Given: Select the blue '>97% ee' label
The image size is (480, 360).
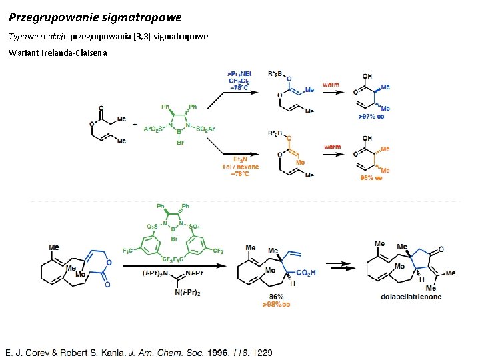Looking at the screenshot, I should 371,116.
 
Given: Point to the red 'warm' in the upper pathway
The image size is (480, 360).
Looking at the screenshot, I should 331,85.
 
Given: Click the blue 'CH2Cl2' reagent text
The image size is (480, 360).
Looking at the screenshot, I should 240,81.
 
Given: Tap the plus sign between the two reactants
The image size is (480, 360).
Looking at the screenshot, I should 135,125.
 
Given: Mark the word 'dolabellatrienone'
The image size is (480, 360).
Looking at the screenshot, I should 411,297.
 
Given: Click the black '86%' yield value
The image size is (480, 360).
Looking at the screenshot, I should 276,297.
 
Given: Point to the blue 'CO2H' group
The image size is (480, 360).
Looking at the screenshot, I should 305,272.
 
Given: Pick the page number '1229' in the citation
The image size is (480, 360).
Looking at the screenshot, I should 262,352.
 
